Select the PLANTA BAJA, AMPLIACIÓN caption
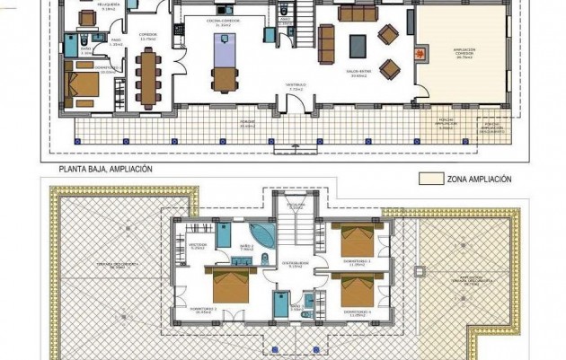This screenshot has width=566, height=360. pos(106,169)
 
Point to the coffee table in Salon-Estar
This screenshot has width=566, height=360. pos(358,46)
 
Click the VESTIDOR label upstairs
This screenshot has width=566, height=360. pos(199,245)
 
